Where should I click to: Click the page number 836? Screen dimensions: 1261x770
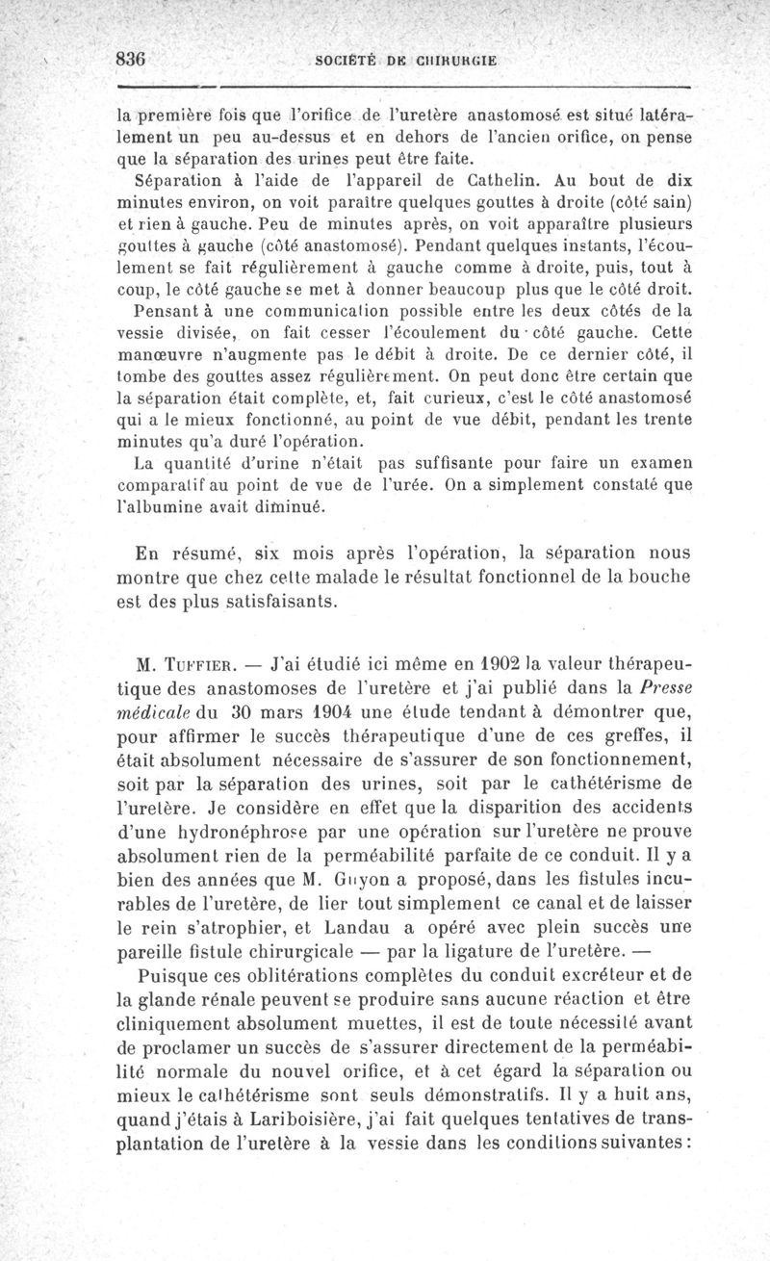(129, 57)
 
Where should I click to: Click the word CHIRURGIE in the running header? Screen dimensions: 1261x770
(456, 58)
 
